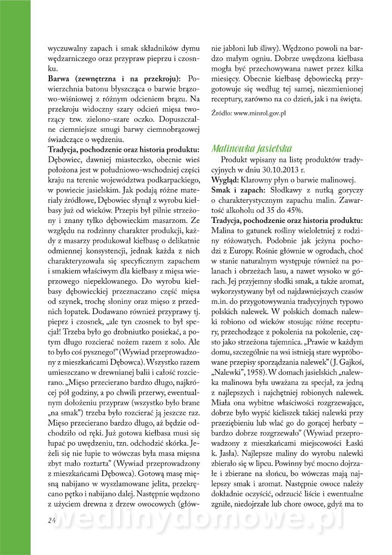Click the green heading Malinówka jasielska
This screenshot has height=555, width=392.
coord(251,148)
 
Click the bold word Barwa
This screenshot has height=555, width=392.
coord(60,78)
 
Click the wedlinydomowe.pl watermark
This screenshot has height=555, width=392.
coord(199,520)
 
